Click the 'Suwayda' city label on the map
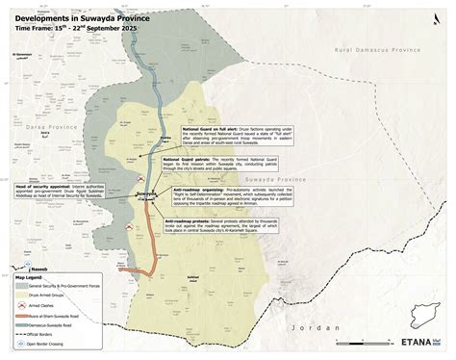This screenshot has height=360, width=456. (x=144, y=193)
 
